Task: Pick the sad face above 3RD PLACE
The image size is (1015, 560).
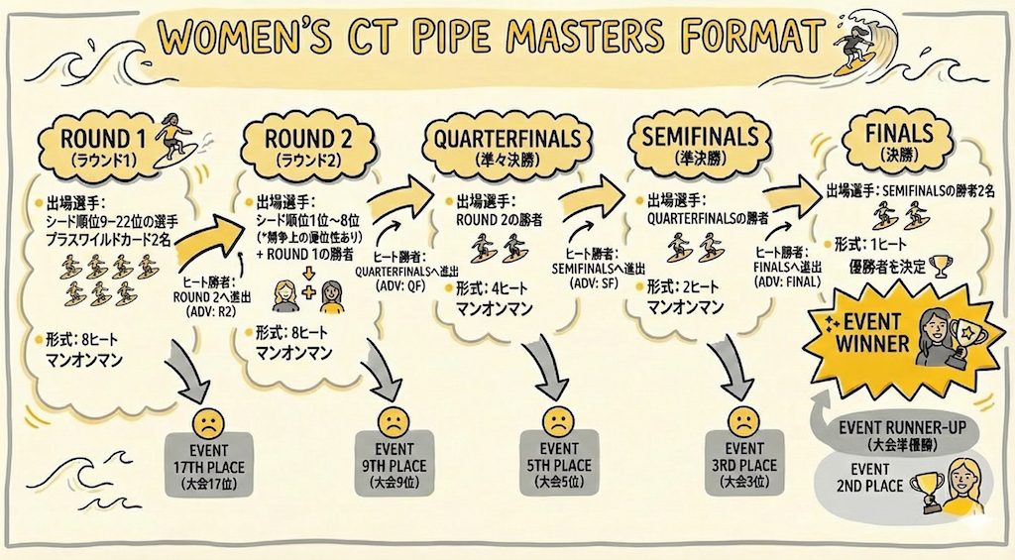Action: [x=741, y=421]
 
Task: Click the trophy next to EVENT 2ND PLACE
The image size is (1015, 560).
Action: [x=929, y=489]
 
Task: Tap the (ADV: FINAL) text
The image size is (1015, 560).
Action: [x=788, y=280]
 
